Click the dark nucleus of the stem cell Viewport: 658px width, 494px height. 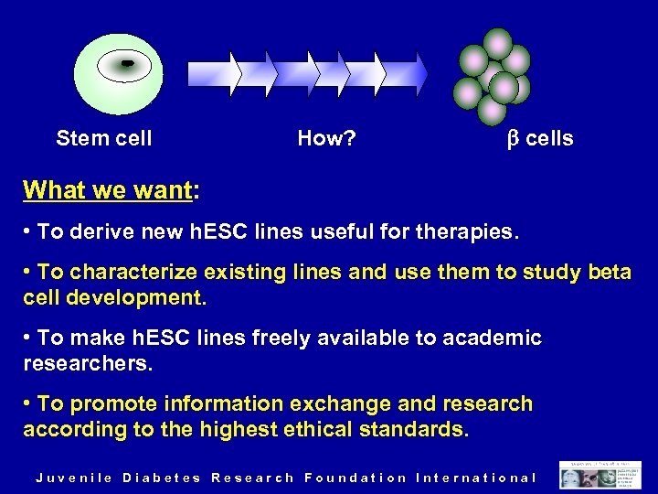click(127, 63)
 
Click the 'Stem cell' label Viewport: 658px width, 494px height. click(104, 139)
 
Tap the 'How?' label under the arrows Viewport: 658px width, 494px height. click(327, 139)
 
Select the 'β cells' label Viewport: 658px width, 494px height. click(540, 139)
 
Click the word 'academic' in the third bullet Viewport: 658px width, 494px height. click(492, 338)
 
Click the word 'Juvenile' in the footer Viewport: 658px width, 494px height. click(74, 478)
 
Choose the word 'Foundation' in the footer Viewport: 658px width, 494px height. click(356, 478)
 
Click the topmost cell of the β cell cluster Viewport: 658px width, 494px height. click(498, 42)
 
